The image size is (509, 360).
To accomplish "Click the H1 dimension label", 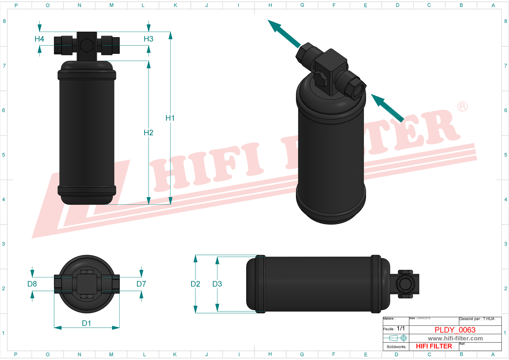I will (170, 118).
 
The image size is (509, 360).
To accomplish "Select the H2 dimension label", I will (148, 133).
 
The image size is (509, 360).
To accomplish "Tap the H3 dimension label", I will (148, 39).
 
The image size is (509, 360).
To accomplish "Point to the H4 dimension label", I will (39, 39).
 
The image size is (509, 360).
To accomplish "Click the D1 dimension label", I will (87, 323).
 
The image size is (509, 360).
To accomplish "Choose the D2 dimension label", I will (195, 284).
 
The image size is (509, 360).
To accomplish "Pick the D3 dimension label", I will (217, 284).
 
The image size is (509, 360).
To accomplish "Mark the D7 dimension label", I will (141, 284).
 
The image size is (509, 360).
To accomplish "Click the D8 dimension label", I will (32, 284).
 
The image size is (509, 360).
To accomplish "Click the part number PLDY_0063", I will (455, 330).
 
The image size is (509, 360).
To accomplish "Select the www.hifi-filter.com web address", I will (455, 339).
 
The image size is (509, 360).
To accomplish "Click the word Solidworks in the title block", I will (396, 347).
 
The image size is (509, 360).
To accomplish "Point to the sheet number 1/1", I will (401, 328).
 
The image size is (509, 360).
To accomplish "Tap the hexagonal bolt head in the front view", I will (87, 45).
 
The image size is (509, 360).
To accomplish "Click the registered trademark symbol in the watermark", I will (462, 107).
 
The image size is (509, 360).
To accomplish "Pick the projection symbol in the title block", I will (398, 338).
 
